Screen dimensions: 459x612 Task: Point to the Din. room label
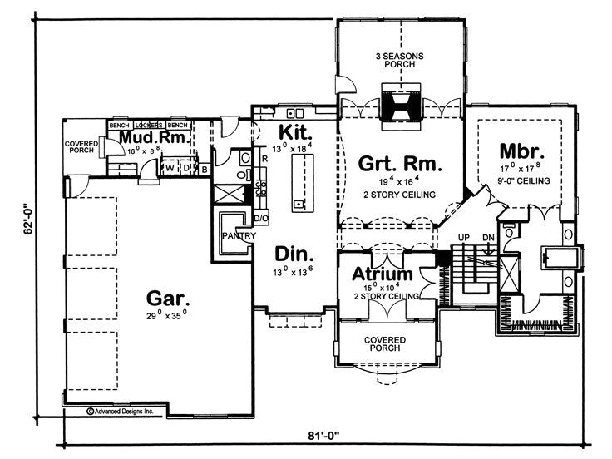pos(294,253)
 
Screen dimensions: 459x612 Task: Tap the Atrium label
pos(382,274)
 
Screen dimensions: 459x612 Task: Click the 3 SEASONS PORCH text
pos(400,61)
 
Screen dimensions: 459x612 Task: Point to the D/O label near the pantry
pos(260,218)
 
